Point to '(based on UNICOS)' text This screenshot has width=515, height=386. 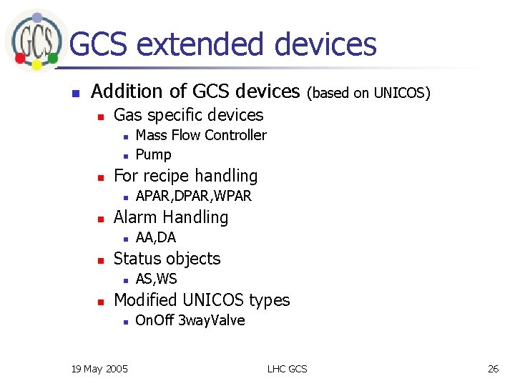[x=368, y=93]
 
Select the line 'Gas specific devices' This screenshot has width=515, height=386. [x=188, y=115]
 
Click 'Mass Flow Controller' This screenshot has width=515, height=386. [x=201, y=135]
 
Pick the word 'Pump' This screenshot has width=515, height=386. [x=153, y=154]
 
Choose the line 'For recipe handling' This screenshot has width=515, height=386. [x=185, y=176]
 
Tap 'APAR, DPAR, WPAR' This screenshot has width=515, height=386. [x=193, y=196]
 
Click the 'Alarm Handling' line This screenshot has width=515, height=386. [x=171, y=217]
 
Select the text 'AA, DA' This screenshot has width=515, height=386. [x=155, y=237]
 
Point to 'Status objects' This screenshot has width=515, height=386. [x=167, y=259]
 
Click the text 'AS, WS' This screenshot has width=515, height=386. [x=156, y=279]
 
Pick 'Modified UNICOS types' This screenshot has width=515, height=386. [x=202, y=300]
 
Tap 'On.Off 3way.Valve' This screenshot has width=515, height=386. [x=190, y=320]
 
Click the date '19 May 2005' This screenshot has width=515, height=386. [x=100, y=368]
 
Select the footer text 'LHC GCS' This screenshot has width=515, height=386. [x=287, y=368]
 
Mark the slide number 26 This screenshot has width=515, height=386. [x=493, y=368]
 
